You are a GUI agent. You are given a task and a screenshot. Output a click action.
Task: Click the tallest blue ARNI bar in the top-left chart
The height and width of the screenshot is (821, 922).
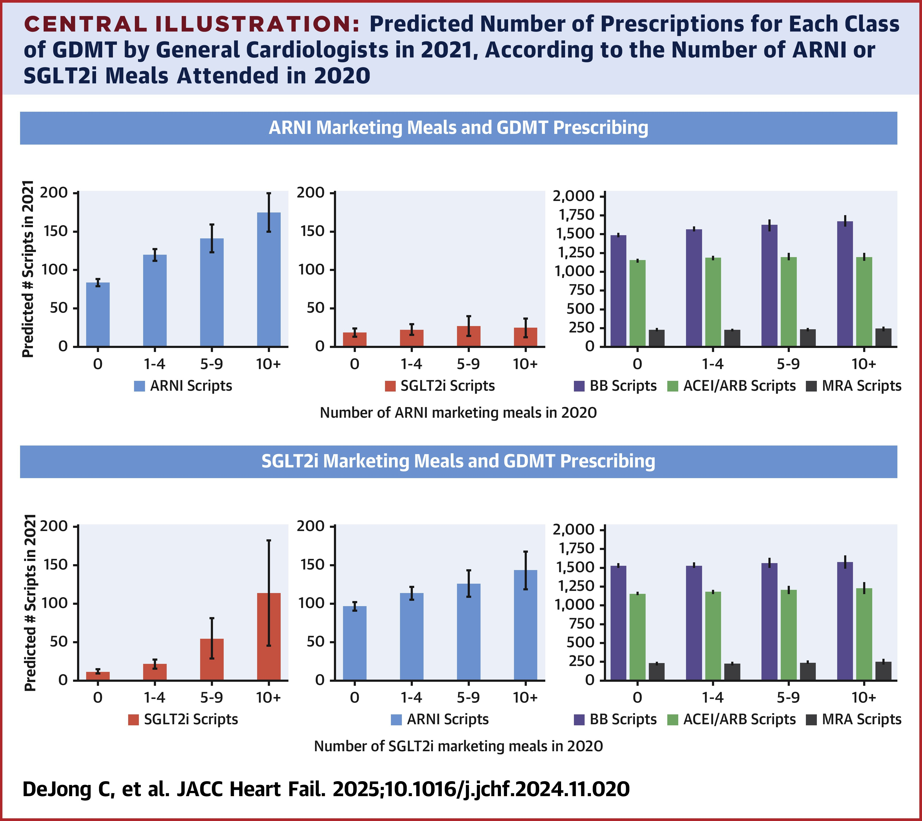tap(269, 280)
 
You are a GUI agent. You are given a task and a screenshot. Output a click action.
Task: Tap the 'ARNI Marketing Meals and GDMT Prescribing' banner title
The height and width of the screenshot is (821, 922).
tap(458, 128)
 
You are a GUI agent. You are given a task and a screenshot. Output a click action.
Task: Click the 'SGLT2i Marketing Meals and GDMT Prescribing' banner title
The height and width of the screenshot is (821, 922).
tap(458, 462)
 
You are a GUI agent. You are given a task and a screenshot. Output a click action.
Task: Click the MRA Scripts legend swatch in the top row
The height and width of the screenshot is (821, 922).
tap(811, 386)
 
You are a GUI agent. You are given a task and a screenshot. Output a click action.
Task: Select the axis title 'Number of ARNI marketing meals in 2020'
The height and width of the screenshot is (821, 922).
tap(458, 413)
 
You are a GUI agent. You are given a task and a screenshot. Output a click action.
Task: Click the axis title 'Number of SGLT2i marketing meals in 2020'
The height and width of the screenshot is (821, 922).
tap(458, 746)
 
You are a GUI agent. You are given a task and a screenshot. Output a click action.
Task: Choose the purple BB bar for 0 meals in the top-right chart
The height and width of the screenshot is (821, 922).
tap(618, 291)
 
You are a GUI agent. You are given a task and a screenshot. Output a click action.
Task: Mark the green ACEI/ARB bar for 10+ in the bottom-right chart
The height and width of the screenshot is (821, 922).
tap(864, 634)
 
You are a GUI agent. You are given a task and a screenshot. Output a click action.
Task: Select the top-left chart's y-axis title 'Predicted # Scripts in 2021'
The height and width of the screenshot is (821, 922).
tap(28, 269)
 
